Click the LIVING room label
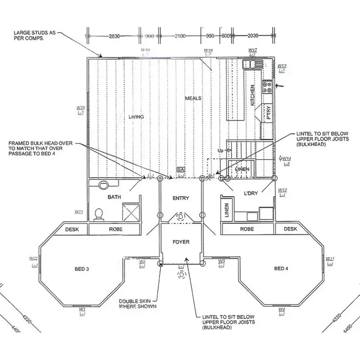(136, 117)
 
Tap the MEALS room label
(193, 98)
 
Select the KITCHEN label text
(253, 94)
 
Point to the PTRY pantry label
(268, 112)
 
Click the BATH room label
(114, 197)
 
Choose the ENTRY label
(180, 198)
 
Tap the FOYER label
(181, 242)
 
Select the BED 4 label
(281, 268)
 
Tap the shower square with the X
(132, 212)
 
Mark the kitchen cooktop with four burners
(267, 87)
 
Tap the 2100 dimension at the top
(180, 36)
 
